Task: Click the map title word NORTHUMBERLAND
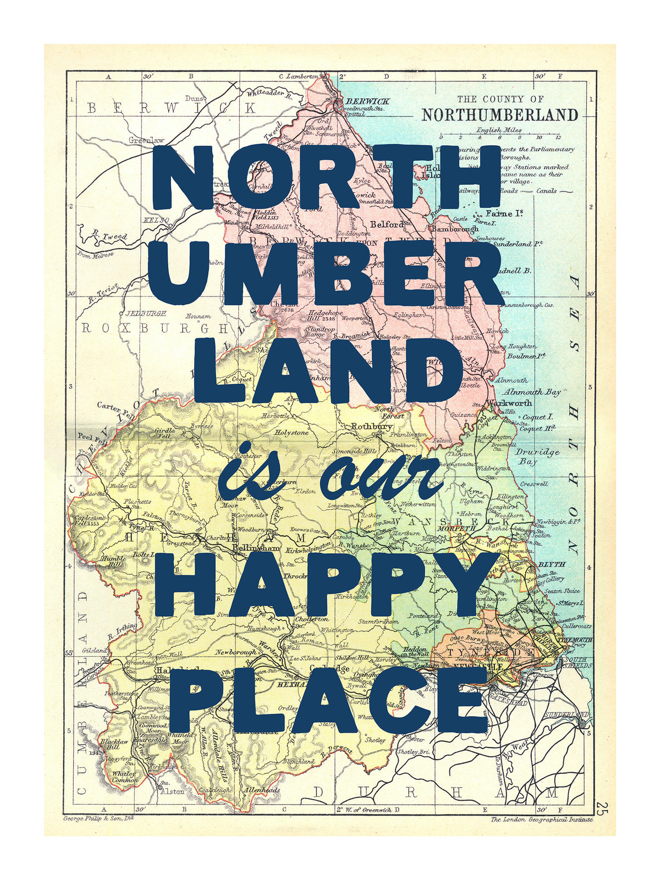500,114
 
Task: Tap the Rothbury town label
372,426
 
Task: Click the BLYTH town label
552,565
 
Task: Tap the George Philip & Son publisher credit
98,818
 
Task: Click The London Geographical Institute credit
542,819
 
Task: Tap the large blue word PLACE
328,697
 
